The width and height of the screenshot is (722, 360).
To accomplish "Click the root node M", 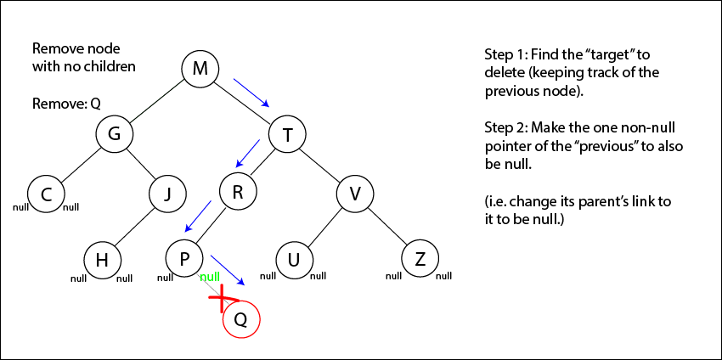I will [x=200, y=69].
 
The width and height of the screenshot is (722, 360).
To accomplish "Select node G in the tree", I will [x=114, y=133].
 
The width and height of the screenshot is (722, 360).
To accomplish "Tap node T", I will [x=287, y=133].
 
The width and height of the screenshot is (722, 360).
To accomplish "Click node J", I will [x=168, y=194].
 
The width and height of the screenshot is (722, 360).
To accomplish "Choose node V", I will [x=356, y=194].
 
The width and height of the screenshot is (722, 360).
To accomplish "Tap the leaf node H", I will [x=103, y=260].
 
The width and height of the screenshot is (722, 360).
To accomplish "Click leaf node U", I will [x=294, y=260].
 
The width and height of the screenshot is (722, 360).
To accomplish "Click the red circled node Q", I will [x=240, y=320].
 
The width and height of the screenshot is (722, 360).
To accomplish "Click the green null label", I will [x=209, y=278].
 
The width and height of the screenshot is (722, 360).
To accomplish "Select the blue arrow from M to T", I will [x=251, y=93].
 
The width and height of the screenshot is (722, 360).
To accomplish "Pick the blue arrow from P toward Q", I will [x=228, y=269].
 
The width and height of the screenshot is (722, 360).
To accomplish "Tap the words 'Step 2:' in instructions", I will [x=505, y=127].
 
